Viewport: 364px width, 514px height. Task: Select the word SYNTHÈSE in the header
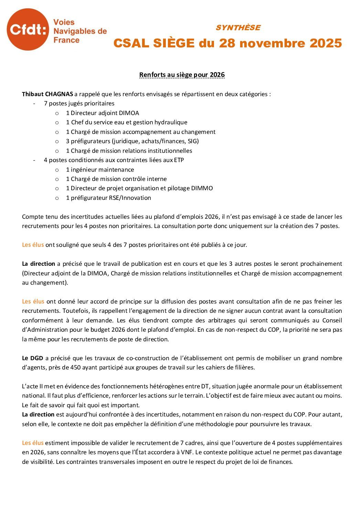tap(238, 28)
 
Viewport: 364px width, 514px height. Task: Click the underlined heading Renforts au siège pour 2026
tap(182, 75)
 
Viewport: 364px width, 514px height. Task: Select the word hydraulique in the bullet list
tap(171, 122)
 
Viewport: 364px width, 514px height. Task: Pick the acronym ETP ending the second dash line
tap(179, 160)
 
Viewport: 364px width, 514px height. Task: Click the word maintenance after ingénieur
tap(118, 170)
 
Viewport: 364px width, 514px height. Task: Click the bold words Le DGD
tap(33, 358)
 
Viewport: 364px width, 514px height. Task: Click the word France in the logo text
tap(66, 40)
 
